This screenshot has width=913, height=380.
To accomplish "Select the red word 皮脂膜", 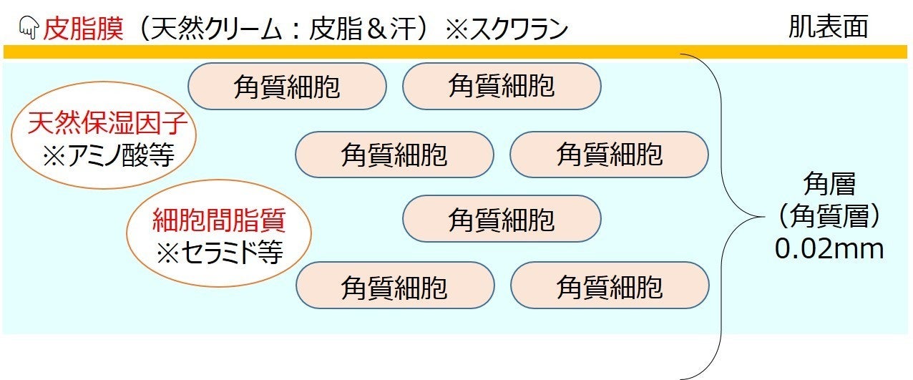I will [84, 29].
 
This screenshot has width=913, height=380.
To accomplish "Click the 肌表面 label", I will [828, 27].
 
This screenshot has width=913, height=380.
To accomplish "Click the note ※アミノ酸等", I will [108, 155].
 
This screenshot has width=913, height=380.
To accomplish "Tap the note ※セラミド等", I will [219, 253].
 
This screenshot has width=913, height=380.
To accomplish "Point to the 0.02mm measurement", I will [829, 248].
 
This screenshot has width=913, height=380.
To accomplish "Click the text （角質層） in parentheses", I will [829, 216].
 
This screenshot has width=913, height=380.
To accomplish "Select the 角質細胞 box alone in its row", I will [502, 219].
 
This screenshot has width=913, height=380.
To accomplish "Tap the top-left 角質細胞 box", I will [287, 87].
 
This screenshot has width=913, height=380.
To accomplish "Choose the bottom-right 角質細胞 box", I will [610, 286].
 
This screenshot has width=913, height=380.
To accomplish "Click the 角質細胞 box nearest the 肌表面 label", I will [502, 87].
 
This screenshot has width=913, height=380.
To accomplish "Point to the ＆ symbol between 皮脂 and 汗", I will [391, 29].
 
